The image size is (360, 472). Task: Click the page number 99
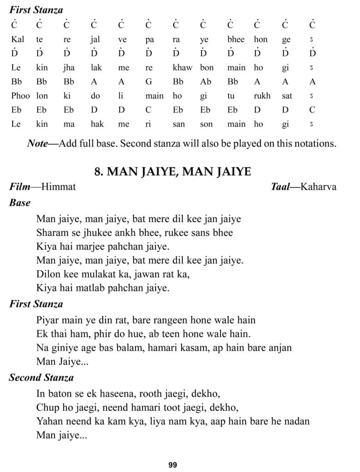tap(173, 465)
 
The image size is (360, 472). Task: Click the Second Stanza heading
tap(41, 378)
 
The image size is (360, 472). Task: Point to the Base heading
tap(20, 202)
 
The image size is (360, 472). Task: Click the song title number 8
tap(98, 172)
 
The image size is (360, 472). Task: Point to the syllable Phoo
tap(21, 96)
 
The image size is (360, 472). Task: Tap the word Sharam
tap(51, 232)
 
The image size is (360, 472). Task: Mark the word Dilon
tap(47, 274)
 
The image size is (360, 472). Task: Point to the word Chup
tap(46, 407)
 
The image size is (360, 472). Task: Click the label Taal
tap(282, 187)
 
